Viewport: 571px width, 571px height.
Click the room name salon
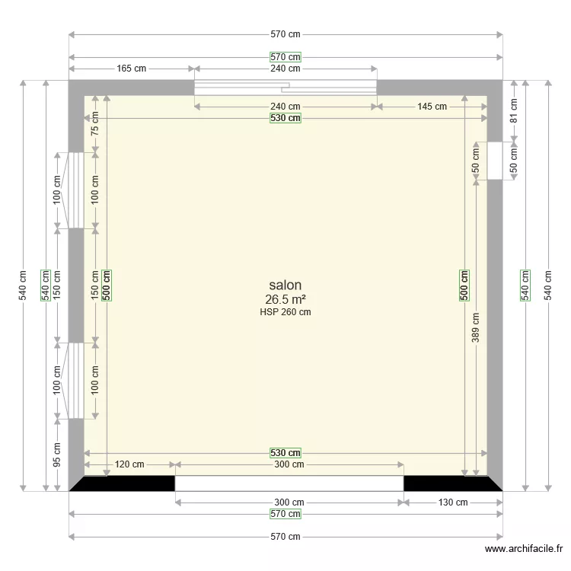285,285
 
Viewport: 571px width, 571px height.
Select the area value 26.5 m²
285,299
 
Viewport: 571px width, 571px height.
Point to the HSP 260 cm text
285,311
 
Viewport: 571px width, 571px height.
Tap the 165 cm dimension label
131,69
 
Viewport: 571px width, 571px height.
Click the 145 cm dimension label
432,107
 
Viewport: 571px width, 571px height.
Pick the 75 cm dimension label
95,124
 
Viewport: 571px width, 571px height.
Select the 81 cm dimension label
514,111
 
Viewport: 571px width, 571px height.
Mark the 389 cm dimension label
476,328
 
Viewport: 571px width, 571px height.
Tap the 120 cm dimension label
129,464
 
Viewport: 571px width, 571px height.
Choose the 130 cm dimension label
452,502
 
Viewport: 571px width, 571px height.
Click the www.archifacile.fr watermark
525,550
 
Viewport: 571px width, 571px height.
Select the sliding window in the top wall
285,88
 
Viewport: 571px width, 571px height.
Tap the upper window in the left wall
76,190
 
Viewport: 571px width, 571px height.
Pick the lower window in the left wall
76,381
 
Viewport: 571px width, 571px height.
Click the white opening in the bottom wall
289,483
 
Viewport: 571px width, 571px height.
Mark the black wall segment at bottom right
449,483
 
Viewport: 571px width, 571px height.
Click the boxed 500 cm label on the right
464,285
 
